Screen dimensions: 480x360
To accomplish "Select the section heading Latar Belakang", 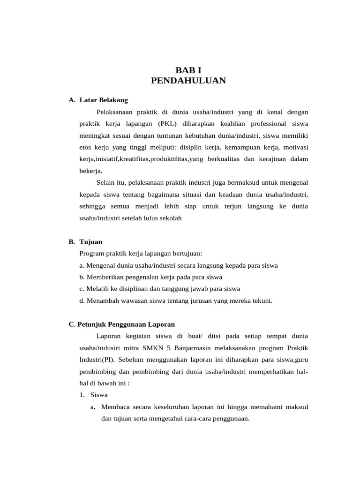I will pos(104,100).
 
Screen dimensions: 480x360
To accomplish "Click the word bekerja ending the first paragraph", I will pos(91,171).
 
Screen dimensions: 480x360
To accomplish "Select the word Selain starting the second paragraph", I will pos(106,183).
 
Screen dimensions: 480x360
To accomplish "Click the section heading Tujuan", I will pos(91,242).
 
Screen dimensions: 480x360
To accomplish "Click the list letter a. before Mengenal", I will pos(82,265).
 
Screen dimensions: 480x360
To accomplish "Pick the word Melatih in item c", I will pos(97,289).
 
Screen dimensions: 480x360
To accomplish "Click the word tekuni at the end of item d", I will pos(262,300).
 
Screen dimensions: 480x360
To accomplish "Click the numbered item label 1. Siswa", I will pos(94,395).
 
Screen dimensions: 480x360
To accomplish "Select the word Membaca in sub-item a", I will pos(115,407).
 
